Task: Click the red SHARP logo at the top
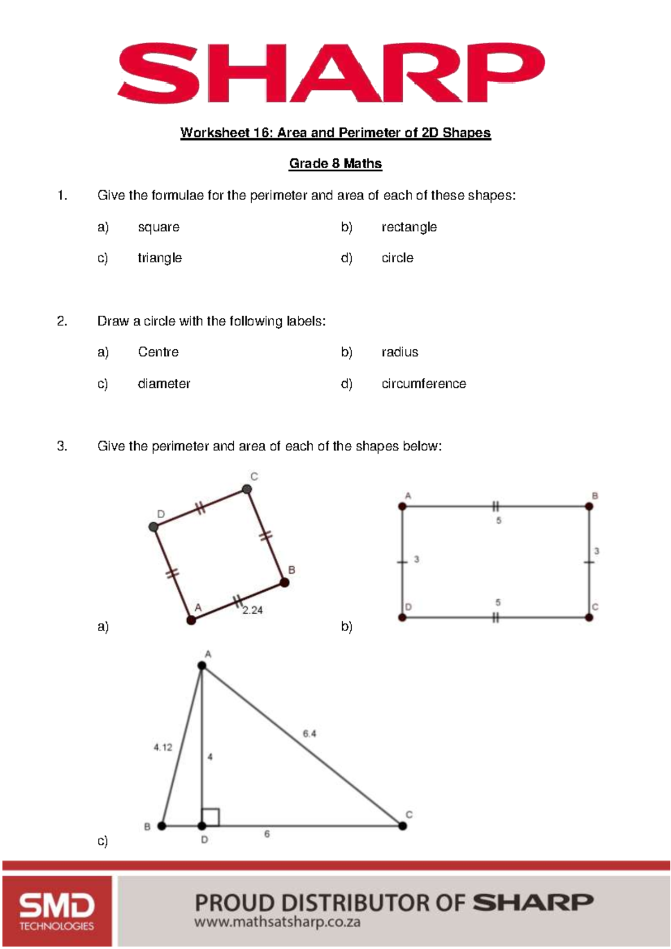coord(331,73)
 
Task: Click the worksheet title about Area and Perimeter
coord(335,133)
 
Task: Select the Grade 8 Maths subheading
coord(335,164)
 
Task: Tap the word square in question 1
coord(158,227)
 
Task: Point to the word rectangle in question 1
coord(409,227)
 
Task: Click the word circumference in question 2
coord(423,383)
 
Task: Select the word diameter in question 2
coord(164,383)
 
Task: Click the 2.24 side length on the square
coord(252,610)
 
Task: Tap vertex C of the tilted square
coord(247,489)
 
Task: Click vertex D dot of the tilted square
coord(153,526)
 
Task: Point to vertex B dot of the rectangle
coord(589,506)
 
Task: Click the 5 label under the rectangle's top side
coord(498,520)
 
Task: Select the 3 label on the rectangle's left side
coord(417,559)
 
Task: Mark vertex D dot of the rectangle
coord(402,617)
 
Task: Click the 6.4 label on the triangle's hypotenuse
coord(309,733)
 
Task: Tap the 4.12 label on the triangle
coord(163,747)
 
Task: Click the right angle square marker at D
coord(211,817)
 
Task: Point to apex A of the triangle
coord(202,665)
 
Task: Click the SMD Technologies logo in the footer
coord(56,910)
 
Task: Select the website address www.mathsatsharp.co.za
coord(277,922)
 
